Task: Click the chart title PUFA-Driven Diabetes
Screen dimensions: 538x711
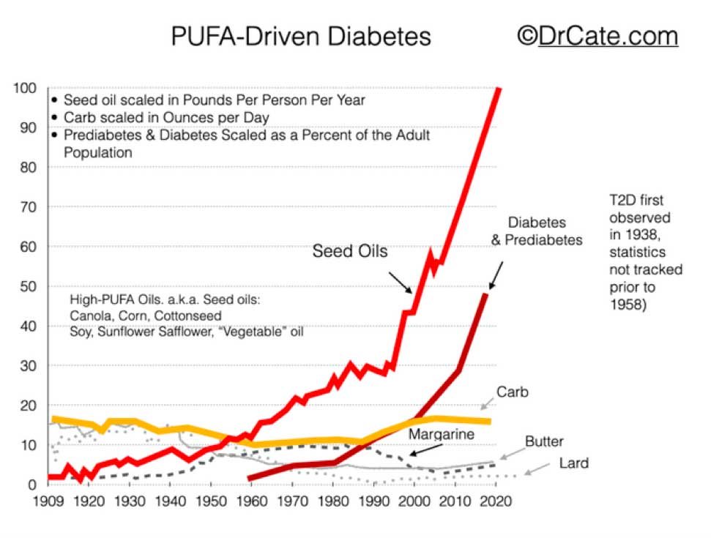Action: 301,36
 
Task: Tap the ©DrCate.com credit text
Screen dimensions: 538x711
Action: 597,35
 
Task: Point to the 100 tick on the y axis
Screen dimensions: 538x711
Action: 26,89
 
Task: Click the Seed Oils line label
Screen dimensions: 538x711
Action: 350,251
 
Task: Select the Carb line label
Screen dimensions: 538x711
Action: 512,392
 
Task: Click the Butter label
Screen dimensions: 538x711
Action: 544,441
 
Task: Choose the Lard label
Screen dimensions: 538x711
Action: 575,463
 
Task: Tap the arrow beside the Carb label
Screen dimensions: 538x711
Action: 485,402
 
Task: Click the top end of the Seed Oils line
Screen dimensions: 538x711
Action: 499,89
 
